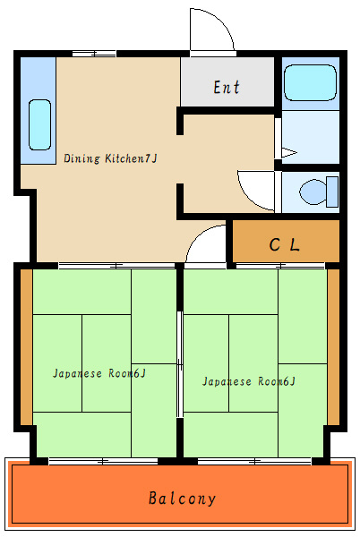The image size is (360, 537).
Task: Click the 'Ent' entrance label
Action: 227,87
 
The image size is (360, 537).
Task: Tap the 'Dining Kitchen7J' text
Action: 110,158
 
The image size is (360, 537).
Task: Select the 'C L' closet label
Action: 284,244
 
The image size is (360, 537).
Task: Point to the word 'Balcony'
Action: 182,499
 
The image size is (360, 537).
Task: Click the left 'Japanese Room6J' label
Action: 99,373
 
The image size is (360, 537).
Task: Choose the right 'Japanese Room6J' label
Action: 249,381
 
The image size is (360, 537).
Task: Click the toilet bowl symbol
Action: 313,192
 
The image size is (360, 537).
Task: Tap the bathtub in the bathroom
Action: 311,83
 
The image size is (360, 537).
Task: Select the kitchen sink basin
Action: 39,125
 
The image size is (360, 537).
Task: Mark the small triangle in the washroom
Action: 288,153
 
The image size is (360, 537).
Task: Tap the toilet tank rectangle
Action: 332,192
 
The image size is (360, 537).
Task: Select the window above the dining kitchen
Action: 94,54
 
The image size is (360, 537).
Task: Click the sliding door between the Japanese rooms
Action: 180,364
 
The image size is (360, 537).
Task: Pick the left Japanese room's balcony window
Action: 103,461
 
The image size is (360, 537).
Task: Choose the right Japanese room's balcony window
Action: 254,461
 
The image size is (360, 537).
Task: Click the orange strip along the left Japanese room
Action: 26,347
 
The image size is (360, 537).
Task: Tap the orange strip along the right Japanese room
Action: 333,347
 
